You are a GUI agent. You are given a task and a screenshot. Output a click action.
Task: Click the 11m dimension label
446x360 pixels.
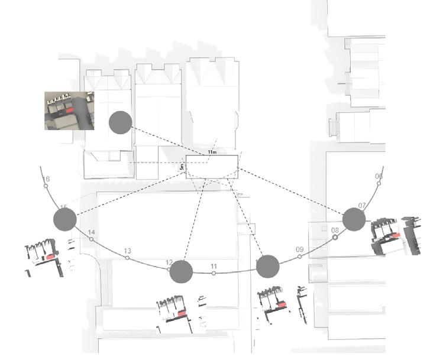(x=211, y=152)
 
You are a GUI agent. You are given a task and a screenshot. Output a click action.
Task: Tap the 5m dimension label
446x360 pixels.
(x=182, y=168)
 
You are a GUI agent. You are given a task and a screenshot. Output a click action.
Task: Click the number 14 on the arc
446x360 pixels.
(x=91, y=232)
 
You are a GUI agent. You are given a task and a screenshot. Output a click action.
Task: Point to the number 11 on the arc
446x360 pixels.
(x=214, y=266)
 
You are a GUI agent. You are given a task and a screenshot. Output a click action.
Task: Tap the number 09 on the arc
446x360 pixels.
(x=299, y=249)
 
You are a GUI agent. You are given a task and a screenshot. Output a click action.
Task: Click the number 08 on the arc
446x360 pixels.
(x=335, y=230)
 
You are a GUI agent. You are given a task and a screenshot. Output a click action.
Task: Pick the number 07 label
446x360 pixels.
(x=362, y=205)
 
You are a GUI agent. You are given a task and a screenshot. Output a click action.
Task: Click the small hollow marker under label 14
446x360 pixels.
(x=91, y=239)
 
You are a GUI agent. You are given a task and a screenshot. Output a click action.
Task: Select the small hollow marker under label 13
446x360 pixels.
(x=128, y=258)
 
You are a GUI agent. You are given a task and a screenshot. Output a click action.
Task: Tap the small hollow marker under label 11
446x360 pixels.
(x=214, y=273)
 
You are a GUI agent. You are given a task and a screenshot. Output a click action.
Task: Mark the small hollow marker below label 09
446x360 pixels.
(x=299, y=257)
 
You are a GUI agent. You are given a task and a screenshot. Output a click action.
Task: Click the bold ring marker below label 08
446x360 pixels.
(x=335, y=237)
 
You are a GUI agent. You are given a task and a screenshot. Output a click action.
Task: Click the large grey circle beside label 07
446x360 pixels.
(x=354, y=219)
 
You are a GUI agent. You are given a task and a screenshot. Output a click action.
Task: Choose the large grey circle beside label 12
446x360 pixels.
(x=181, y=271)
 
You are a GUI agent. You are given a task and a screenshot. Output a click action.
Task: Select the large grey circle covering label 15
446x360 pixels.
(x=64, y=219)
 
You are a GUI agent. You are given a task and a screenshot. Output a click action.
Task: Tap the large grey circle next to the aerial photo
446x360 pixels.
(x=120, y=122)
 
